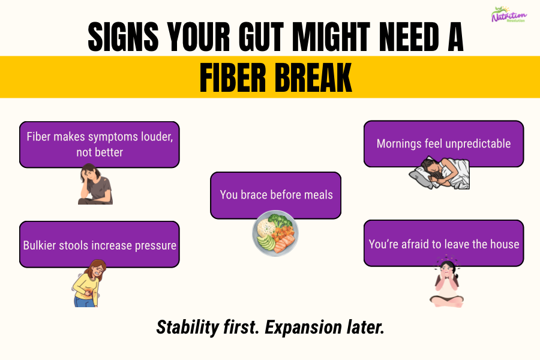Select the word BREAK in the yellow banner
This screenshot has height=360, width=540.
[311, 77]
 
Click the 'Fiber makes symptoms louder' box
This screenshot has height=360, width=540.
[100, 144]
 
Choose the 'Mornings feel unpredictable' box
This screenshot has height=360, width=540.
[443, 143]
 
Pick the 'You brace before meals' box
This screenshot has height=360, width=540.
[275, 195]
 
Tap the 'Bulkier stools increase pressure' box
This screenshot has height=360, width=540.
[100, 244]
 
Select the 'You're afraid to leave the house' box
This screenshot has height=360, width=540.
[443, 243]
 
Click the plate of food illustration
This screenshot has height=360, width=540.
[275, 234]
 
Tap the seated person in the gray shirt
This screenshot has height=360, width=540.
[94, 184]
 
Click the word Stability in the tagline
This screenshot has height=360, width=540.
[185, 327]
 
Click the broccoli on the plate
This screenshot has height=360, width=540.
[278, 220]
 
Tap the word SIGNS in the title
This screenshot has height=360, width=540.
[122, 38]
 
